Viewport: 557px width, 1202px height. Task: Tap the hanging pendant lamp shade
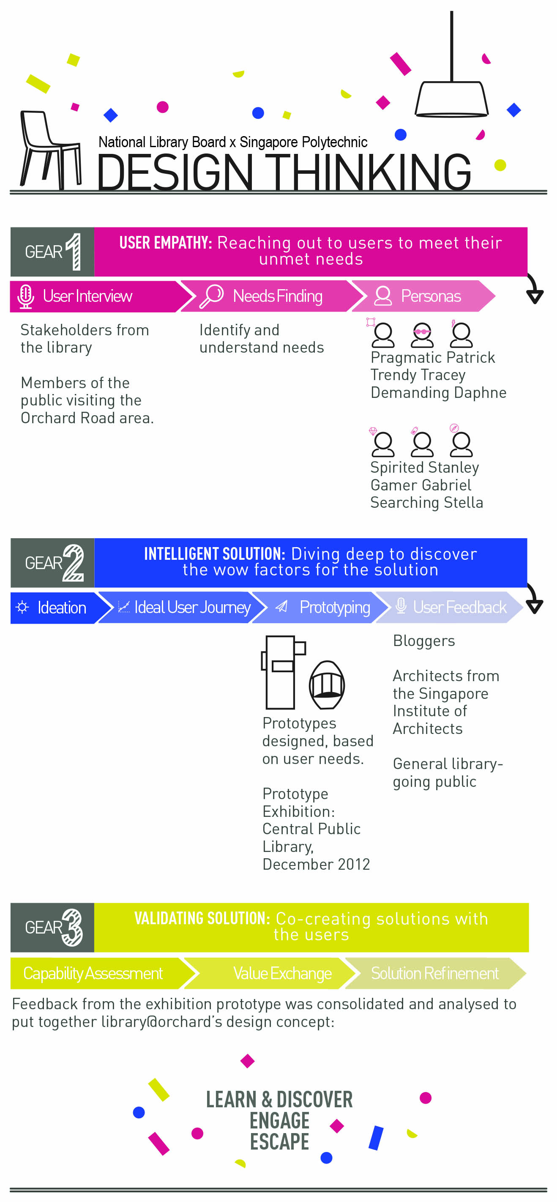coord(452,99)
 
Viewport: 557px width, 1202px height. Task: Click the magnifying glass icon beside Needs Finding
coord(211,296)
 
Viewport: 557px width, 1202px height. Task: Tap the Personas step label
coord(431,296)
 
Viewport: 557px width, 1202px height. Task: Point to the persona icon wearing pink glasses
coord(422,334)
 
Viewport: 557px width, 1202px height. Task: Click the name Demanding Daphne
coord(438,392)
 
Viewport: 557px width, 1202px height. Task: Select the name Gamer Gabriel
coord(420,485)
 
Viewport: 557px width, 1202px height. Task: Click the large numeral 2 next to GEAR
coord(73,562)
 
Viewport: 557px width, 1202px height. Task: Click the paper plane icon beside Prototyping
coord(281,607)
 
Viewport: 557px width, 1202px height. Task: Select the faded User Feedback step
coord(450,607)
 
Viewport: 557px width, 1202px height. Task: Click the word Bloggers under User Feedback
coord(423,641)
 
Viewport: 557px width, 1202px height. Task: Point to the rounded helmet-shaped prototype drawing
coord(327,685)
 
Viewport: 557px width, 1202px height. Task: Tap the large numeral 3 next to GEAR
coord(72,927)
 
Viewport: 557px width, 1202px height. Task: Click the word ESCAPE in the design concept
coord(279,1142)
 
